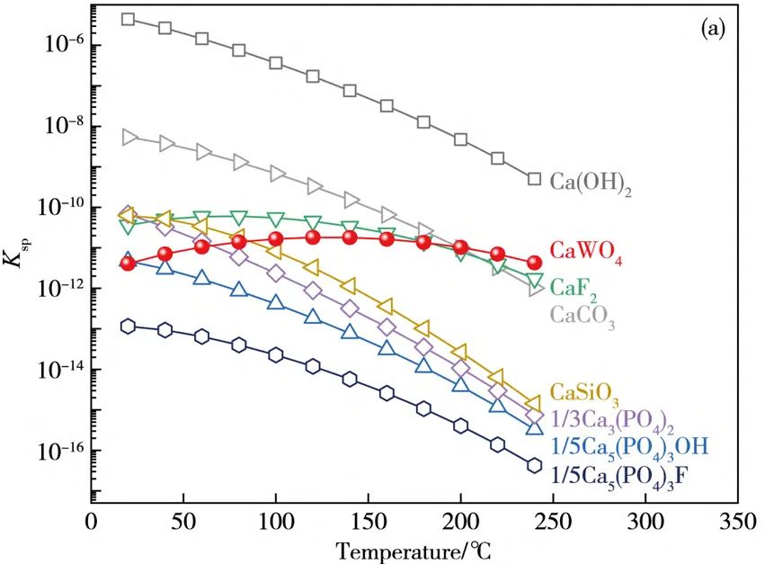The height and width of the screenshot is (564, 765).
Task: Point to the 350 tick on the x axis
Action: [x=736, y=521]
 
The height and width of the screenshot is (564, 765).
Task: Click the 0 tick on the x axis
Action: [x=92, y=521]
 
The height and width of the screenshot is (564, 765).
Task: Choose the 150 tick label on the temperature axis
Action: [x=368, y=521]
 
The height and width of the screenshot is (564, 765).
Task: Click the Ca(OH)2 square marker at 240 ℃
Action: [x=534, y=179]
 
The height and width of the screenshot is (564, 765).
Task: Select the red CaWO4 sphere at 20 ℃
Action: [x=128, y=264]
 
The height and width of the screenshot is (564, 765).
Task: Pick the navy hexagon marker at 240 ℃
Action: [x=534, y=465]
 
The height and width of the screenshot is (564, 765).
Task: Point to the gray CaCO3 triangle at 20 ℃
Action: [x=129, y=137]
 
